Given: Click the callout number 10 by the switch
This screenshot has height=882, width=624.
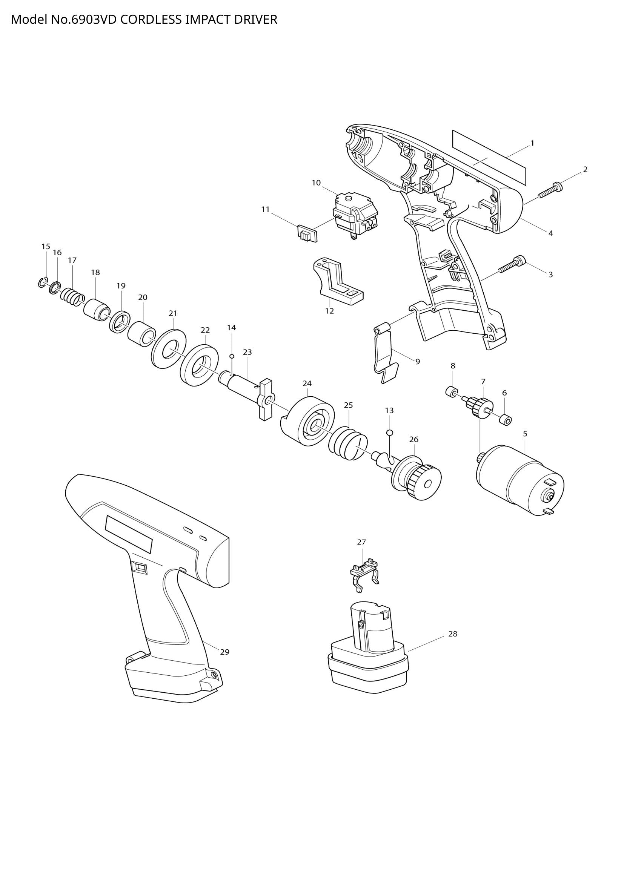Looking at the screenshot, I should coord(316,183).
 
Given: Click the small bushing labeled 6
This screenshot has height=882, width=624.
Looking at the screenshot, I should coord(506,420).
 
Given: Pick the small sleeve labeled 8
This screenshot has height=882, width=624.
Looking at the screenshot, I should coord(452,393).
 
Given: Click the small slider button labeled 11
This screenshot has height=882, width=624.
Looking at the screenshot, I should coord(307,233).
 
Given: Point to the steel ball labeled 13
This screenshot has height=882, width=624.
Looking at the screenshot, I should coord(390,433).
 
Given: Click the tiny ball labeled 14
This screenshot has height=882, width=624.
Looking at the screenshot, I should coord(232,356).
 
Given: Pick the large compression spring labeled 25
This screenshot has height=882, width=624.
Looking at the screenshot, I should coord(348,443).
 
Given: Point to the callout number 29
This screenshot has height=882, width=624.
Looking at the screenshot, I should coord(224,652).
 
